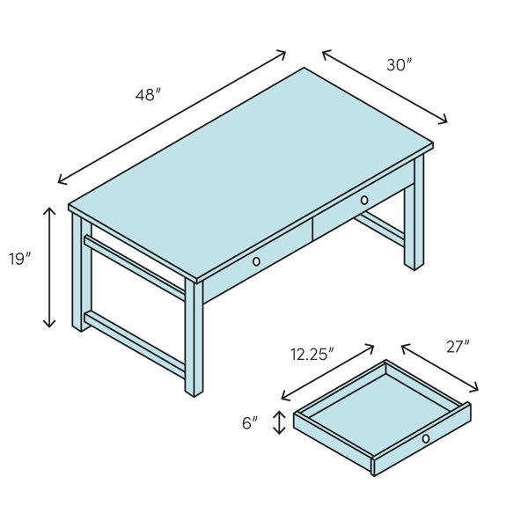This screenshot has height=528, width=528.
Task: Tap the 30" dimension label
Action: click(399, 64)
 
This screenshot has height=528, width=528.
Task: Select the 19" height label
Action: click(19, 259)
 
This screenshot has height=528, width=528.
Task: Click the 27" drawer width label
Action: click(456, 347)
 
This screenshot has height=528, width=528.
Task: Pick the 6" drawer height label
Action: click(250, 423)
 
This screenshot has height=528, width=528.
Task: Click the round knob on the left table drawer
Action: click(256, 261)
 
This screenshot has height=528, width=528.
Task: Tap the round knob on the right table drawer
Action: click(364, 201)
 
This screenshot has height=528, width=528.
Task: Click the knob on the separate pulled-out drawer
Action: click(426, 438)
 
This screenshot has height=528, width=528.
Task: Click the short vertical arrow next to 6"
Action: click(279, 422)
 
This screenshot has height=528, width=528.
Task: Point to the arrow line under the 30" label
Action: click(385, 86)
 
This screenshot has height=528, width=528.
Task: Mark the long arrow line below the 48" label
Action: click(172, 117)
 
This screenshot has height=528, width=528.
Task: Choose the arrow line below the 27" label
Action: click(441, 368)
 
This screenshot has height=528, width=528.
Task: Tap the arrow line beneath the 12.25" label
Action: click(328, 372)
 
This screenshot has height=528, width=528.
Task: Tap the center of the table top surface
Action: click(251, 175)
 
